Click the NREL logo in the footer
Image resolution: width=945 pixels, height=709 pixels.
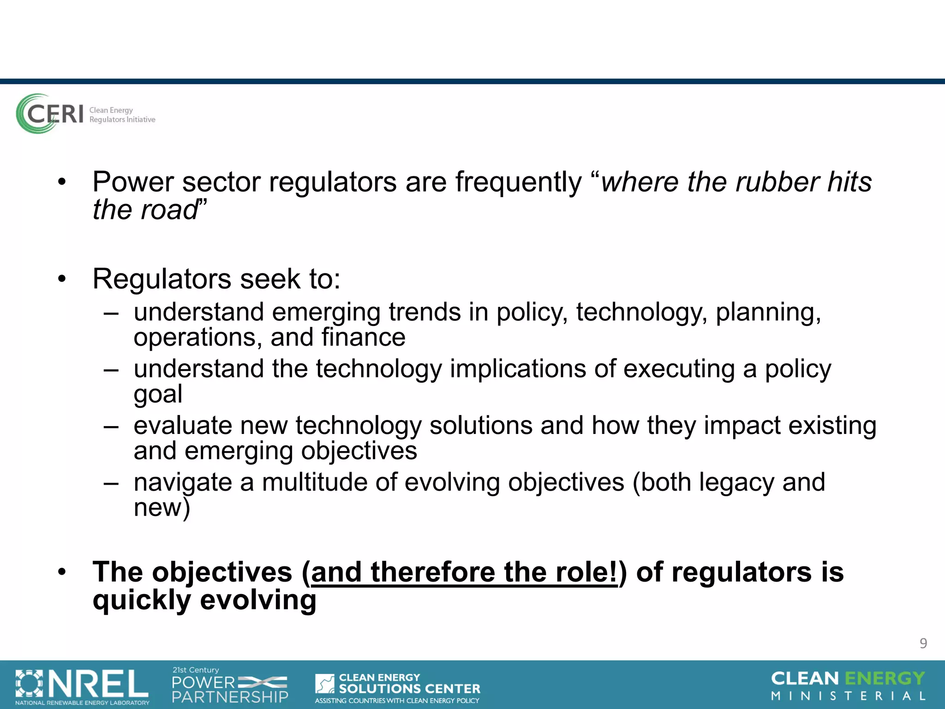pyautogui.click(x=82, y=686)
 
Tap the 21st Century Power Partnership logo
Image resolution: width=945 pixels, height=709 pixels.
pyautogui.click(x=230, y=685)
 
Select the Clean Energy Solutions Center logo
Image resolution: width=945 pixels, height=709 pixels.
pyautogui.click(x=397, y=688)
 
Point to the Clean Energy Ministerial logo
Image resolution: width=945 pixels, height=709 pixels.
pyautogui.click(x=848, y=685)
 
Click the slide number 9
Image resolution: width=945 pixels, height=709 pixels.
pyautogui.click(x=923, y=643)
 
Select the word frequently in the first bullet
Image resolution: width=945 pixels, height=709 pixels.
pyautogui.click(x=519, y=182)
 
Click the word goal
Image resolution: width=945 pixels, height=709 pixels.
pyautogui.click(x=158, y=394)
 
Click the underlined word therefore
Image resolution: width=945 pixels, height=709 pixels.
pyautogui.click(x=433, y=572)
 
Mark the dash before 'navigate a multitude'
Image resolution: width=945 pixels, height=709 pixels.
pyautogui.click(x=111, y=483)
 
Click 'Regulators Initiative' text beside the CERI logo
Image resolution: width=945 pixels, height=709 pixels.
pyautogui.click(x=122, y=120)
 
